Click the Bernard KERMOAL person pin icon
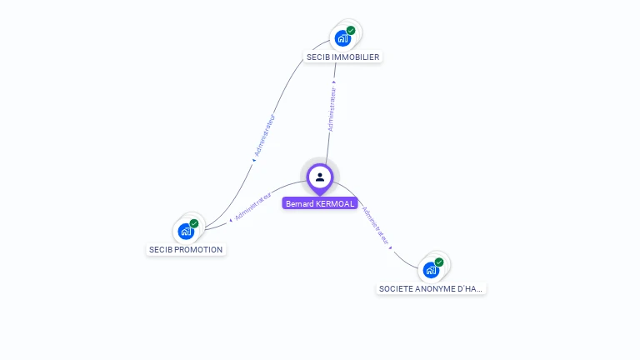pyautogui.click(x=320, y=177)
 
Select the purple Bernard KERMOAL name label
pyautogui.click(x=320, y=203)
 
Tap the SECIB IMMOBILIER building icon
pyautogui.click(x=342, y=37)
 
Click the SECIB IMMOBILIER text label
pyautogui.click(x=343, y=57)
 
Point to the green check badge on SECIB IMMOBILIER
pyautogui.click(x=351, y=30)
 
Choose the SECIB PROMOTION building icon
pyautogui.click(x=185, y=231)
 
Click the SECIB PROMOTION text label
pyautogui.click(x=186, y=249)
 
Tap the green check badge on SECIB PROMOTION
pyautogui.click(x=194, y=223)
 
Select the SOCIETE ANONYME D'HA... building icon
pyautogui.click(x=430, y=270)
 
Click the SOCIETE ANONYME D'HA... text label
pyautogui.click(x=430, y=288)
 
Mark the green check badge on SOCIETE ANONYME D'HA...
pyautogui.click(x=439, y=262)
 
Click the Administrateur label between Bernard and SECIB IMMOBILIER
pyautogui.click(x=332, y=109)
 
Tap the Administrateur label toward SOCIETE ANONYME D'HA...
pyautogui.click(x=376, y=224)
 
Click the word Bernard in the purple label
pyautogui.click(x=299, y=203)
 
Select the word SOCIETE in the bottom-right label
pyautogui.click(x=396, y=288)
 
